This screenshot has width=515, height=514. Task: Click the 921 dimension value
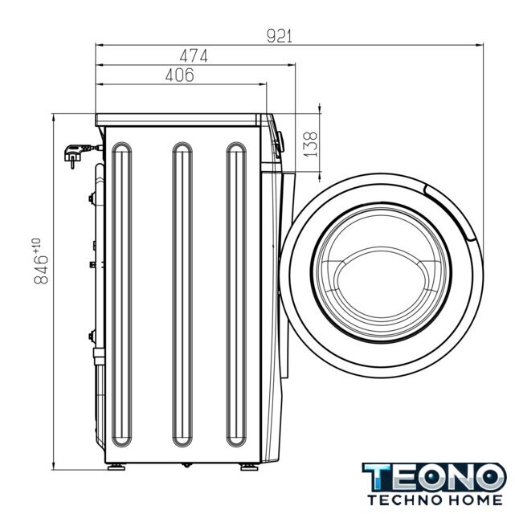pyautogui.click(x=279, y=36)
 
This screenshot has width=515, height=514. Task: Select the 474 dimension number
pyautogui.click(x=194, y=55)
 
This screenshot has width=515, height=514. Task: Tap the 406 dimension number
pyautogui.click(x=180, y=75)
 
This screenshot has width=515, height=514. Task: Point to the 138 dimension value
pyautogui.click(x=309, y=145)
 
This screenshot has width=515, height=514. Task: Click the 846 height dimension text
pyautogui.click(x=42, y=270)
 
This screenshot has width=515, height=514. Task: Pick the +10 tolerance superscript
pyautogui.click(x=36, y=245)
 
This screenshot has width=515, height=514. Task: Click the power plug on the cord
pyautogui.click(x=77, y=154)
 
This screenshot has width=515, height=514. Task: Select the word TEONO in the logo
pyautogui.click(x=434, y=477)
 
